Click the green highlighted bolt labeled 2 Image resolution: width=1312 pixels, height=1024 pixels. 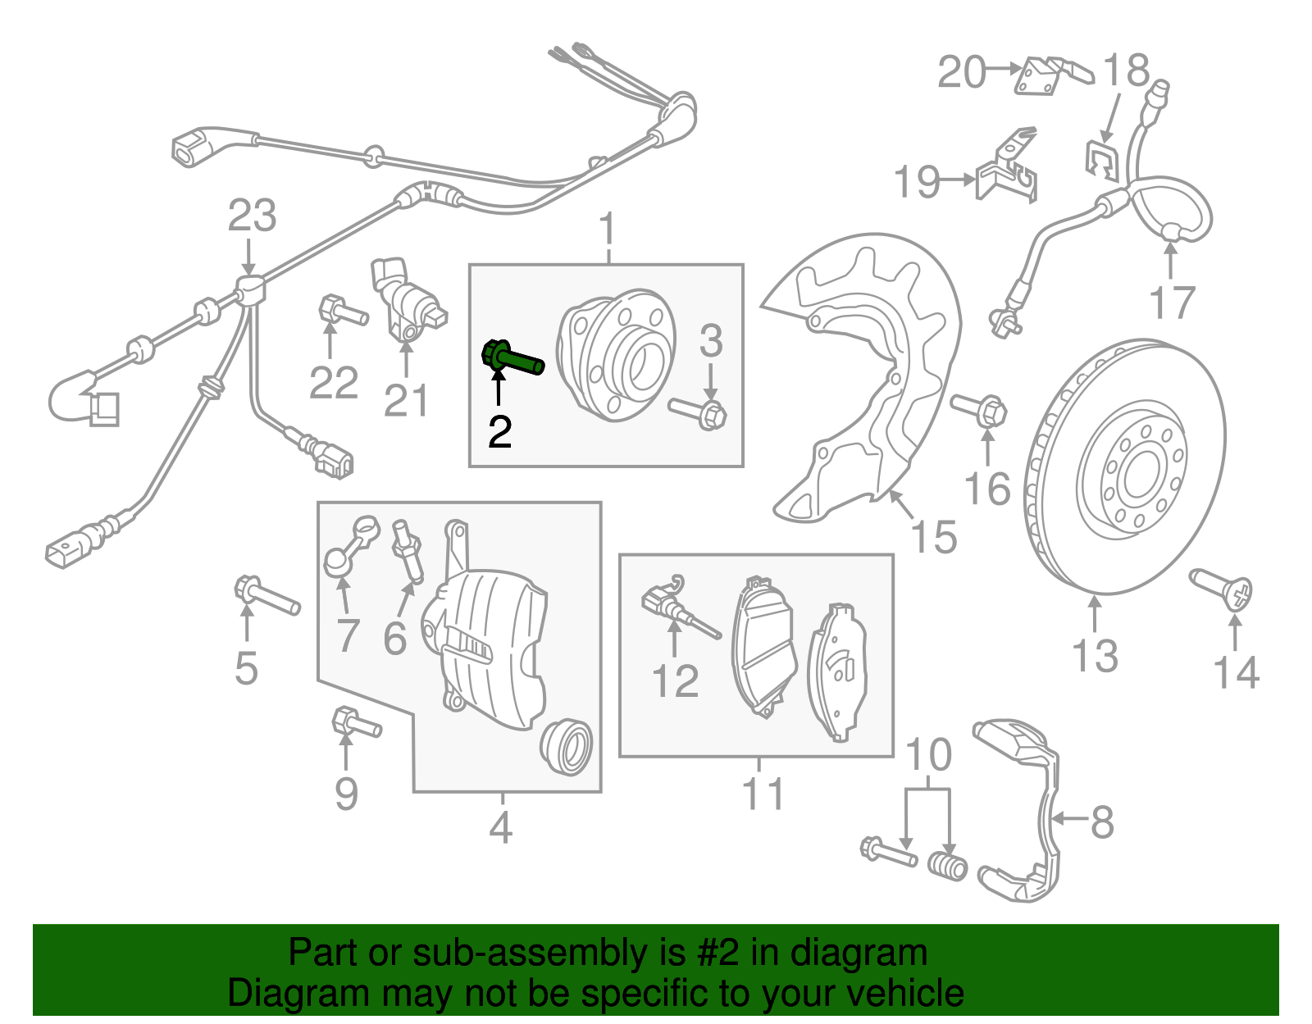click(x=512, y=360)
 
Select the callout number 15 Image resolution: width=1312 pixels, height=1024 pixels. click(x=933, y=538)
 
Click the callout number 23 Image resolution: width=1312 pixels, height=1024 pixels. click(x=252, y=216)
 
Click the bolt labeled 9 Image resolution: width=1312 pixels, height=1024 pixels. click(x=355, y=723)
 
